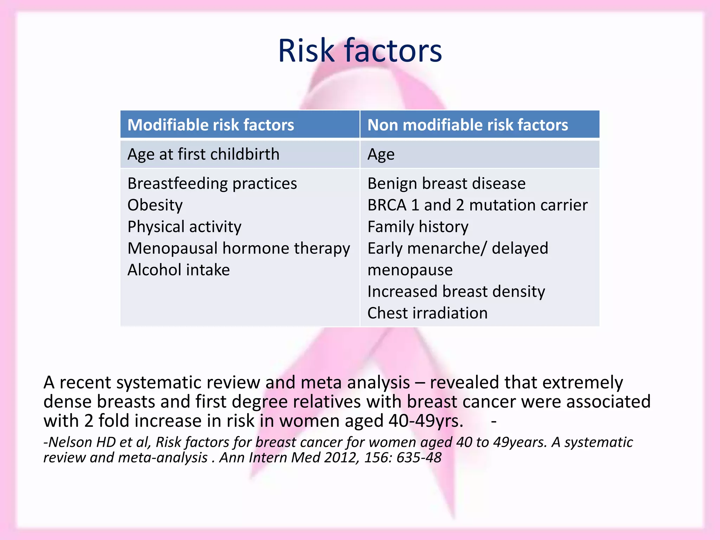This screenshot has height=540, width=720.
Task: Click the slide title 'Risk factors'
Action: pyautogui.click(x=360, y=51)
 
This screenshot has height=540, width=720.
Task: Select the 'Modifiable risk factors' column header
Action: pyautogui.click(x=211, y=125)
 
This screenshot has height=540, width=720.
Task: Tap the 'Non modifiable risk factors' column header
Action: pyautogui.click(x=467, y=125)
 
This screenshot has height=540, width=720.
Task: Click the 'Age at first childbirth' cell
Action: pyautogui.click(x=203, y=154)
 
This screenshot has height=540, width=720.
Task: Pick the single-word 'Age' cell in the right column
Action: pyautogui.click(x=381, y=155)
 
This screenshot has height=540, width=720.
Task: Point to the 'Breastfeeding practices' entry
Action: pyautogui.click(x=212, y=184)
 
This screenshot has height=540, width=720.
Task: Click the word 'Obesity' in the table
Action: pyautogui.click(x=155, y=205)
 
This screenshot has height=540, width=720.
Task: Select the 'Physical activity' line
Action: pyautogui.click(x=184, y=227)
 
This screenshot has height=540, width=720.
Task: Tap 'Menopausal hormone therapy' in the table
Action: pyautogui.click(x=238, y=249)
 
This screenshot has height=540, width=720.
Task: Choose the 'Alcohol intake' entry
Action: pyautogui.click(x=178, y=270)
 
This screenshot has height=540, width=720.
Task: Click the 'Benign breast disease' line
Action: pyautogui.click(x=446, y=184)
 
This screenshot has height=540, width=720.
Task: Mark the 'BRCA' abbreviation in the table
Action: pyautogui.click(x=387, y=205)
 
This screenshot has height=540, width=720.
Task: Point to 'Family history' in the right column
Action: pyautogui.click(x=418, y=227)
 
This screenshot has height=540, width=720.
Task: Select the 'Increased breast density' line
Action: pyautogui.click(x=456, y=291)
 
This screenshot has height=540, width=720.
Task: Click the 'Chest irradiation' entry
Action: pyautogui.click(x=427, y=313)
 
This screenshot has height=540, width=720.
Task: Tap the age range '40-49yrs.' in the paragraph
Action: pyautogui.click(x=426, y=421)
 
